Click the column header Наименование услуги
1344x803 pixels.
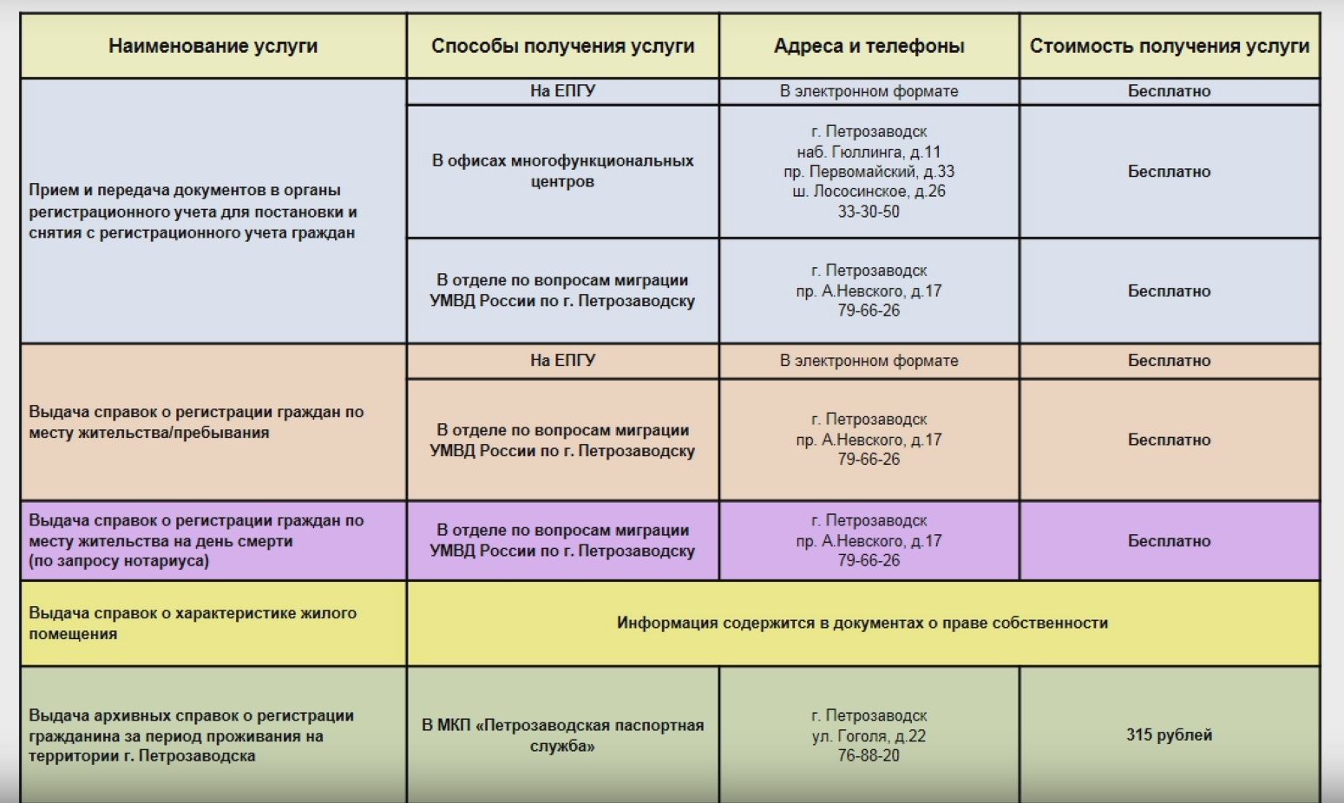pyautogui.click(x=213, y=46)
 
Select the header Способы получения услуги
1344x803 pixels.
pyautogui.click(x=562, y=46)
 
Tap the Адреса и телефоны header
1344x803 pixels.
pyautogui.click(x=869, y=46)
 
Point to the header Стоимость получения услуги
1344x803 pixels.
pyautogui.click(x=1169, y=46)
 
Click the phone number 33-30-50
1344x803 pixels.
pyautogui.click(x=869, y=212)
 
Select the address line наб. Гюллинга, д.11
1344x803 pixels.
pyautogui.click(x=869, y=152)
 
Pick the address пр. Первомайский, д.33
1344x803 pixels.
pyautogui.click(x=869, y=172)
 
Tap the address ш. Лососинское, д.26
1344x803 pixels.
pyautogui.click(x=869, y=192)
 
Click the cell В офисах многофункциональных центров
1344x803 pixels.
pyautogui.click(x=562, y=171)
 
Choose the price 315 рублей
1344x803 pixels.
pyautogui.click(x=1169, y=734)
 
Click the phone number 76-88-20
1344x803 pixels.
pyautogui.click(x=869, y=755)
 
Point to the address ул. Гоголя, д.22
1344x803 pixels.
pyautogui.click(x=869, y=736)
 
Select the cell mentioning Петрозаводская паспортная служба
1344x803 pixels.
pyautogui.click(x=562, y=735)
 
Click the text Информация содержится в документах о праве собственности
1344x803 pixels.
pyautogui.click(x=862, y=623)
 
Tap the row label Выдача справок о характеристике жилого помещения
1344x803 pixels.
pyautogui.click(x=193, y=623)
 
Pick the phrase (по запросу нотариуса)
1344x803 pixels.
pyautogui.click(x=119, y=561)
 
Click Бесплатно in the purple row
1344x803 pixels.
pyautogui.click(x=1169, y=541)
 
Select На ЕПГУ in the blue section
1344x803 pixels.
pyautogui.click(x=562, y=91)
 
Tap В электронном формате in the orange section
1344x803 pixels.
pyautogui.click(x=869, y=361)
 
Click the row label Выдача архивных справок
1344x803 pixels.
pyautogui.click(x=191, y=735)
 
